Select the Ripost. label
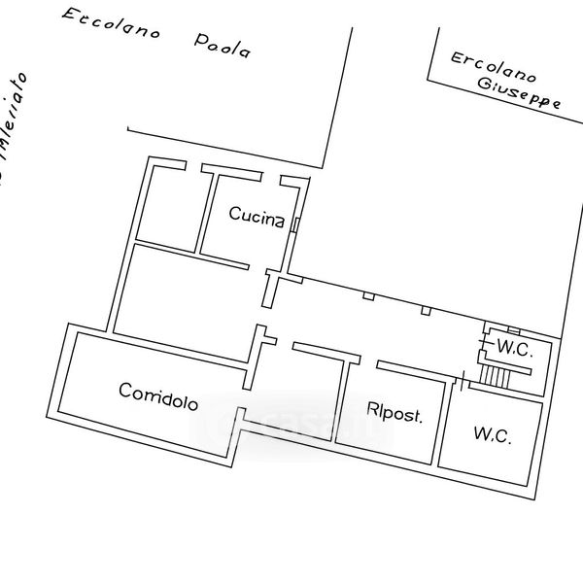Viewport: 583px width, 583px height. [x=394, y=413]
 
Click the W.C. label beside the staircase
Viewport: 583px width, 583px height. [x=515, y=349]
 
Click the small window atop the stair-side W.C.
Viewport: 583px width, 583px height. [x=514, y=331]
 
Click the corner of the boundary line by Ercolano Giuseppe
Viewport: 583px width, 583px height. [x=429, y=79]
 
